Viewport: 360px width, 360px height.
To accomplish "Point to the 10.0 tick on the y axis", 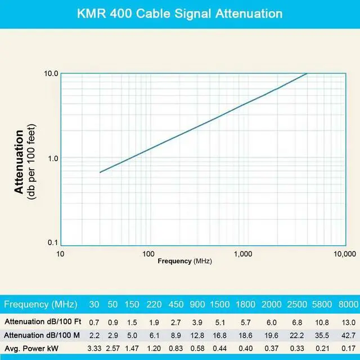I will (52, 73).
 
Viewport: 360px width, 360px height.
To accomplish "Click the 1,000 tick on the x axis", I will (242, 254).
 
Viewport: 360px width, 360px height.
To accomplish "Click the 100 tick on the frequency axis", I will (148, 254).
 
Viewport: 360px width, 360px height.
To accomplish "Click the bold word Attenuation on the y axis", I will (20, 162).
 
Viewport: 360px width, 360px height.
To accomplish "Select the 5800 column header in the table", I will (322, 304).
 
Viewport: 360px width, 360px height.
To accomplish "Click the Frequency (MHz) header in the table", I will (42, 304).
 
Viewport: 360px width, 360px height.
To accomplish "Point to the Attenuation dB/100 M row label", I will (42, 335).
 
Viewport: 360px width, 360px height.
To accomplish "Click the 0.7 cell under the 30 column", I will (94, 322).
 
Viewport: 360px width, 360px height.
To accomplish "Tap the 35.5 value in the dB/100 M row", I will (322, 335).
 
